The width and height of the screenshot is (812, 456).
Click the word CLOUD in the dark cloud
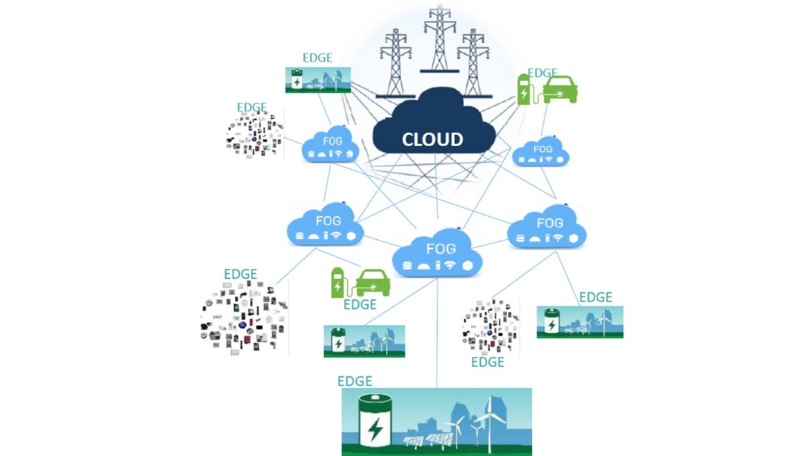tap(432, 139)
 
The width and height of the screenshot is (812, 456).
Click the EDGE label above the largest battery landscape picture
tap(355, 381)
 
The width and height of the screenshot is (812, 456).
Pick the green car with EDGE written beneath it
tap(372, 283)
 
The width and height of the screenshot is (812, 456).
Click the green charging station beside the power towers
tap(524, 89)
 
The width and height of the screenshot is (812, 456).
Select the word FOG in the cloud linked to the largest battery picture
tap(441, 249)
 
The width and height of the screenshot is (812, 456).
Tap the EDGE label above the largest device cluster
tap(240, 274)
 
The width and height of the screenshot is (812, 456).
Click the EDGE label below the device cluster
tap(487, 362)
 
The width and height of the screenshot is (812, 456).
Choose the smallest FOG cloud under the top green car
tap(540, 151)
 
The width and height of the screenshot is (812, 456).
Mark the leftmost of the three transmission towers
tap(396, 63)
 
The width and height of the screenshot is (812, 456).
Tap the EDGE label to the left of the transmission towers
tap(317, 58)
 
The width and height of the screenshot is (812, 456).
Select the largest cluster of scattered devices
tap(243, 318)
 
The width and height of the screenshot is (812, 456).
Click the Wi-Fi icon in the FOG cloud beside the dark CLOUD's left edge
tap(338, 154)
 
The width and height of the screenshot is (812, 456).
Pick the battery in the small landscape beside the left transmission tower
tap(297, 80)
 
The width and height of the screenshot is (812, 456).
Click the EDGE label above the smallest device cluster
tap(251, 107)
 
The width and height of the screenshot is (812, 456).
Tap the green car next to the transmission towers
tap(559, 89)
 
